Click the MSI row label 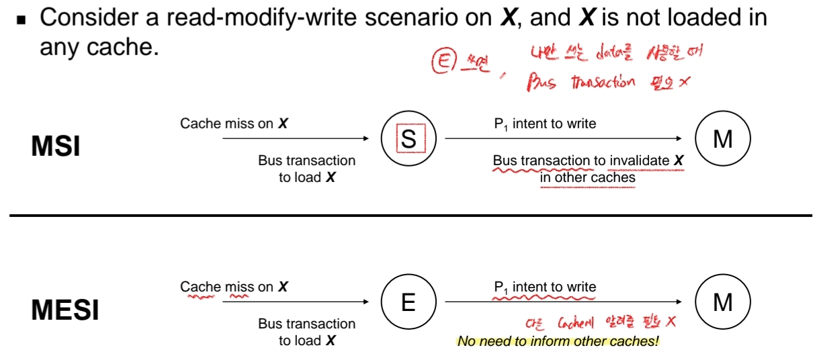[56, 146]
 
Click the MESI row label [65, 310]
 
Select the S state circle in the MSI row [408, 139]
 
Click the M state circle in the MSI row [723, 139]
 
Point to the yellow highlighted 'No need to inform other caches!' [558, 341]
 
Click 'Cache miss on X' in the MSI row [234, 124]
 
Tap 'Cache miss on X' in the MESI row [234, 287]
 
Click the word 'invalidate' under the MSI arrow [639, 161]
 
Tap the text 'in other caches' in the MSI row [587, 178]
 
